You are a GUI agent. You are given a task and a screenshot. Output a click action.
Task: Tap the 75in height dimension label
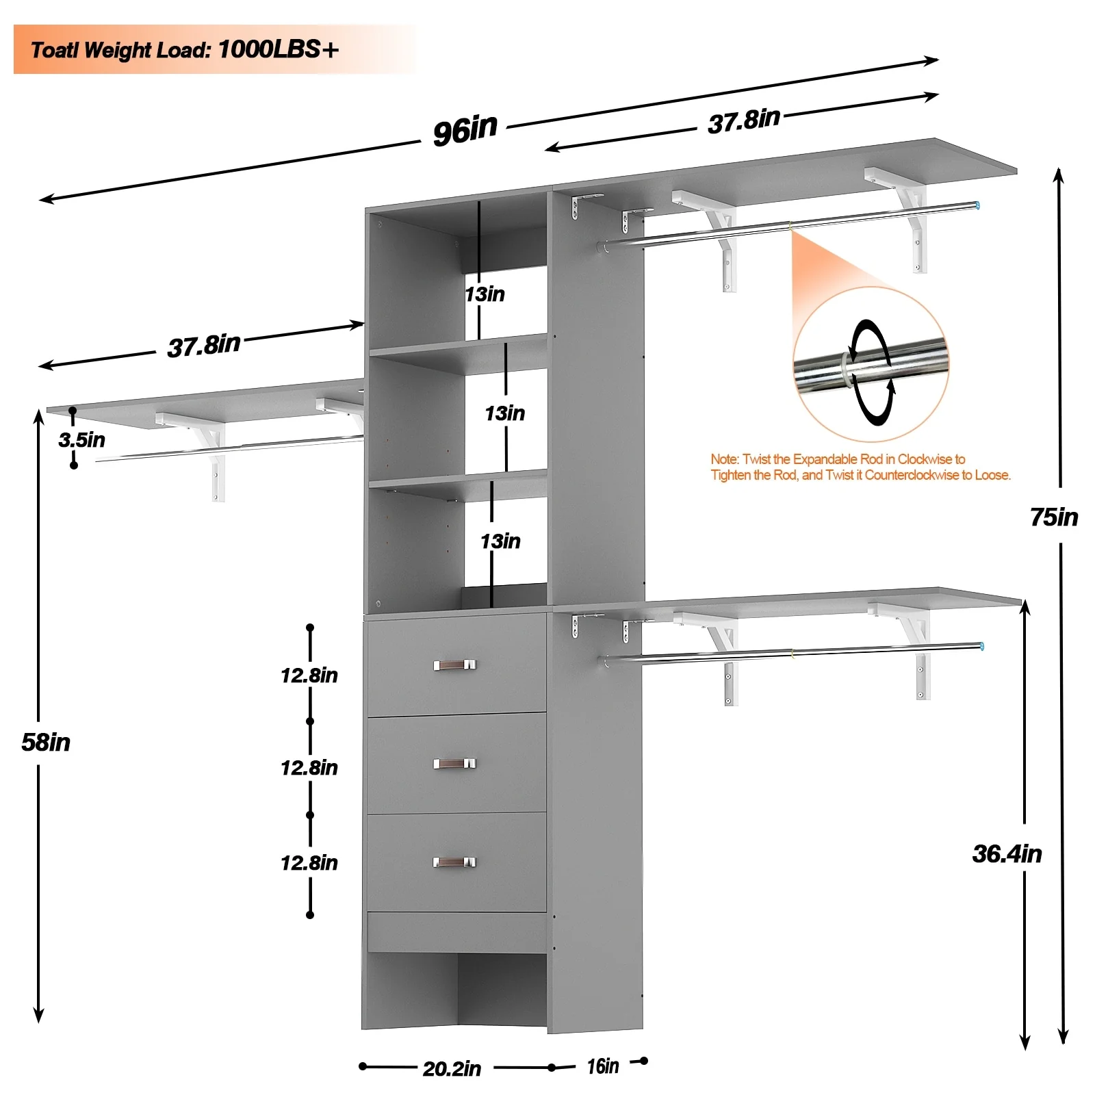pos(1054,517)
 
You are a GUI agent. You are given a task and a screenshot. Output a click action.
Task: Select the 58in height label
pos(46,743)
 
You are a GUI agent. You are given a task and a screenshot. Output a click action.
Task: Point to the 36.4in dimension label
pos(1007,854)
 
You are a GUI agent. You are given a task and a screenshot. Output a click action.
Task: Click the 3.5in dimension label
pos(82,440)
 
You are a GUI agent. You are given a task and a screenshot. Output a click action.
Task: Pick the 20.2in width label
pos(452,1068)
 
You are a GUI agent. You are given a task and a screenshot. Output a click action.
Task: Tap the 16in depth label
pos(603,1066)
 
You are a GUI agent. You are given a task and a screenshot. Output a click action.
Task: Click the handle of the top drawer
pos(454,665)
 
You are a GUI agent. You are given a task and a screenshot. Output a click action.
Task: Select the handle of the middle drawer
pos(454,763)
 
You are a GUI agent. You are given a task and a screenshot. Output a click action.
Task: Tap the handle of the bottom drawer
pos(454,862)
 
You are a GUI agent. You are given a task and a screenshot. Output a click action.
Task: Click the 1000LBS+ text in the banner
pos(279,49)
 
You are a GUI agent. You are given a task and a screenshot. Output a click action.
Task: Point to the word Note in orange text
pos(723,459)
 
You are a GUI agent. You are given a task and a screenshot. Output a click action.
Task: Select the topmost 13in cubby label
pos(485,294)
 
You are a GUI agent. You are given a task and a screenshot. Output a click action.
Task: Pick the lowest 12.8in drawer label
pos(309,863)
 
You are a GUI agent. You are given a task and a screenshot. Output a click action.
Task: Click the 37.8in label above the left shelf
pos(204,346)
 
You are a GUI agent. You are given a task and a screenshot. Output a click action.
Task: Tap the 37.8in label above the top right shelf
pos(744,122)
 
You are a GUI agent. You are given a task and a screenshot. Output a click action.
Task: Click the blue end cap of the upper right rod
pos(977,205)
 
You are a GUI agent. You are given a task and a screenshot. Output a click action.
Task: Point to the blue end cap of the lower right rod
pos(982,646)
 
